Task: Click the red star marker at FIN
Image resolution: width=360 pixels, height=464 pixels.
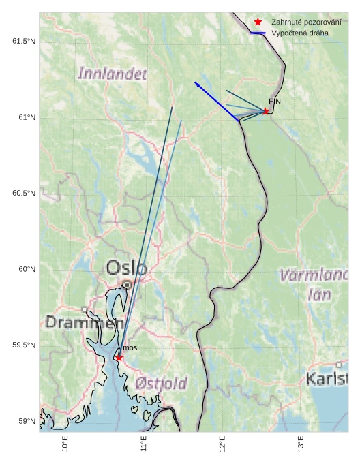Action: (265, 111)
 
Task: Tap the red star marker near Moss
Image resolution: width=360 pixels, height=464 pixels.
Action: (119, 358)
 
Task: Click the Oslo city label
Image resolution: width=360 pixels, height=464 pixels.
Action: (126, 268)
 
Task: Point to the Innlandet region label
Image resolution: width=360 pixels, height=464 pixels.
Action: (112, 74)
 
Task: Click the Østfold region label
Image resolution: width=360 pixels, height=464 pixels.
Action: (161, 384)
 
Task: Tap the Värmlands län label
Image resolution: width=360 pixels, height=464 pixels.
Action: (314, 284)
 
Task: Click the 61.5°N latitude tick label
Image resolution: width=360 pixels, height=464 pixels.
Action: (24, 42)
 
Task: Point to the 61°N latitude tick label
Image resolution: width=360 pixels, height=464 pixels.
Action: (27, 118)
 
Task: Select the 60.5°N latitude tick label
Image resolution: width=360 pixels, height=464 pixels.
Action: (24, 194)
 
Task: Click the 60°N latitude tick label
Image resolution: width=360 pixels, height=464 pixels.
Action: (27, 269)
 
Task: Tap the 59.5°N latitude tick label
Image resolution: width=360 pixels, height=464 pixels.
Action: (24, 345)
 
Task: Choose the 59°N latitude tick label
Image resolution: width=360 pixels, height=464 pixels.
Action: (27, 421)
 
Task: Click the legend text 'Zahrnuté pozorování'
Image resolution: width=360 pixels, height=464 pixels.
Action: (306, 22)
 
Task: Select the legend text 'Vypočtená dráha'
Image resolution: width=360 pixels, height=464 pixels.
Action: (299, 33)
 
